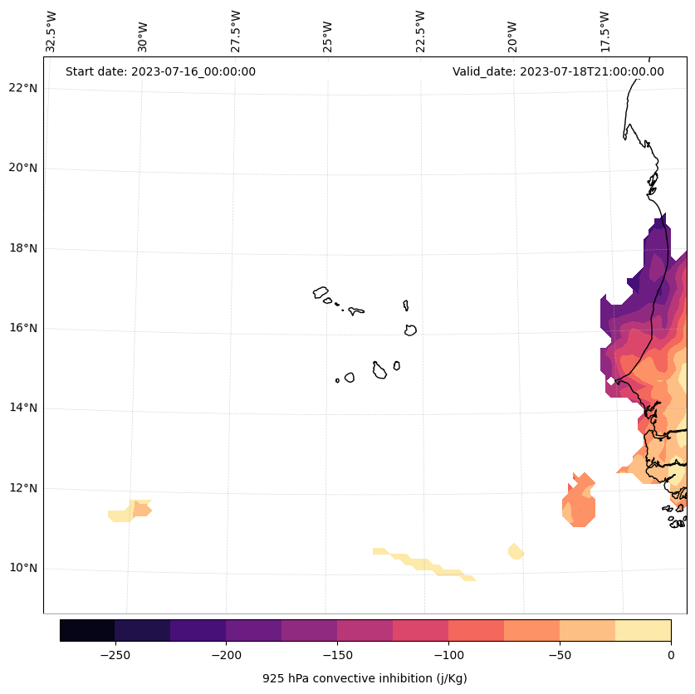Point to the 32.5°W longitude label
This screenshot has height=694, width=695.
tap(51, 32)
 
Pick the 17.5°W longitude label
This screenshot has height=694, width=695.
tap(605, 32)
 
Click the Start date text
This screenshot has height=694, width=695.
tap(160, 71)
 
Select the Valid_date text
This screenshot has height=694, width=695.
tap(558, 71)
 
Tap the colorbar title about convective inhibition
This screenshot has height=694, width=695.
tap(365, 678)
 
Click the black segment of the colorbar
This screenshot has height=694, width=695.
tap(87, 630)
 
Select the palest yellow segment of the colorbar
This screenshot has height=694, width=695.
tap(644, 630)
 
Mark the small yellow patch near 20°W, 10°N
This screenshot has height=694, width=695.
tap(516, 551)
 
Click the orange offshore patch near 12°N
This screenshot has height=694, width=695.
tap(580, 503)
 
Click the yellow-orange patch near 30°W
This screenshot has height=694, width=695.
tap(131, 511)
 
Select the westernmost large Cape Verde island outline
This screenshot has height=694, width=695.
tap(321, 292)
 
